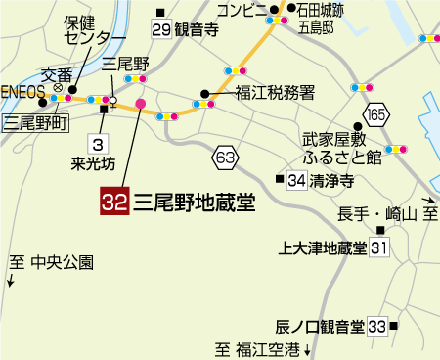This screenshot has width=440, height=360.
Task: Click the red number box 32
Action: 114,202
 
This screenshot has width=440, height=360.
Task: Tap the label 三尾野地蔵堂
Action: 194,202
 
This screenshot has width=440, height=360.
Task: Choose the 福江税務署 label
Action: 274,93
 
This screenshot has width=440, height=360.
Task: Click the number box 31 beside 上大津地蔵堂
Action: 380,247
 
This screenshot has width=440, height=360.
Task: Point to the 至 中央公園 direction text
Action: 50,262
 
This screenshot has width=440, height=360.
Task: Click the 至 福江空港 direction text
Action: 260,348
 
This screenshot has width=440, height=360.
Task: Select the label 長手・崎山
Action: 376,214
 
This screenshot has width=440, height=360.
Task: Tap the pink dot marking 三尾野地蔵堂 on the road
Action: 141,103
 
